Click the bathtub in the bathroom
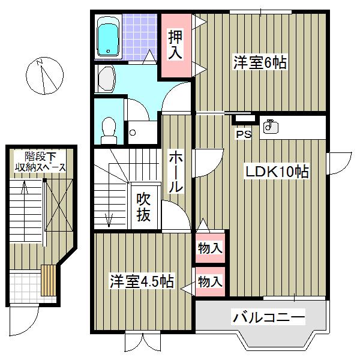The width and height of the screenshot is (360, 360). pos(109,37)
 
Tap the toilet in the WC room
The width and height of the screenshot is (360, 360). pos(109,128)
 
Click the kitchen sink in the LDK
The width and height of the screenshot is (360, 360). pos(271,127)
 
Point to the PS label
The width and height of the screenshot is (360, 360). pos(243,135)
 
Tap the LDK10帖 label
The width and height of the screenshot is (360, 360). pos(276,172)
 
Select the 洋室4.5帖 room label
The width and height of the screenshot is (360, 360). pos(141,281)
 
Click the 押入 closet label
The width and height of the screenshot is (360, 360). pos(175,45)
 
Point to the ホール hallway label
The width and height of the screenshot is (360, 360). pos(175,171)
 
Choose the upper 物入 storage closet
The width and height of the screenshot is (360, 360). pos(210,247)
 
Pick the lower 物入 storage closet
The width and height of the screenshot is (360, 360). pos(210,281)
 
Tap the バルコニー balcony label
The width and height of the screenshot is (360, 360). pos(269,316)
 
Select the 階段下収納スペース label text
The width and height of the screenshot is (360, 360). pos(40,161)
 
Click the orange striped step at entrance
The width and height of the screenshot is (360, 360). pos(49,280)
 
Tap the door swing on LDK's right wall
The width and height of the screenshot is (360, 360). pos(337,160)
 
